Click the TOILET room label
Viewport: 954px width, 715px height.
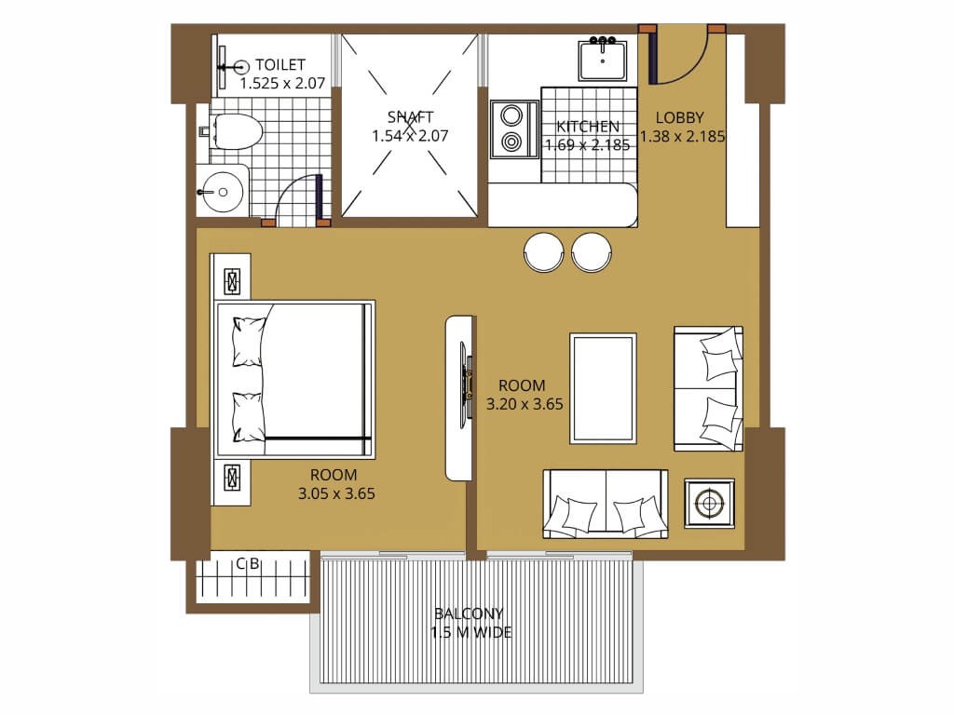279,64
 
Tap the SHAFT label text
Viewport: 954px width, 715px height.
410,116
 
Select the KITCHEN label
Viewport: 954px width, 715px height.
588,127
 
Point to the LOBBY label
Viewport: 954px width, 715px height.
679,117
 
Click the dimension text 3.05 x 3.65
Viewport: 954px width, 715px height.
336,493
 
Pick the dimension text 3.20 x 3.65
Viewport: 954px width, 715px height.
525,404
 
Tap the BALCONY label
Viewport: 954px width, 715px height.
470,614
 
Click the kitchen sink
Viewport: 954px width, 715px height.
603,59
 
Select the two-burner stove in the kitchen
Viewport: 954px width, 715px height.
514,128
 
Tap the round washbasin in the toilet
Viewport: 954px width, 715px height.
223,192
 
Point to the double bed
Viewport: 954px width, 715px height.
295,379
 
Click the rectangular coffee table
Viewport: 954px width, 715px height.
603,388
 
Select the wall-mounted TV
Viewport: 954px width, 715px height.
466,380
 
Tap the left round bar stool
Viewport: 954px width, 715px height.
544,251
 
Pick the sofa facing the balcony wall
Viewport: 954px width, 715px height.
606,504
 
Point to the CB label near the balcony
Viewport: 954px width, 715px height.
248,564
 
